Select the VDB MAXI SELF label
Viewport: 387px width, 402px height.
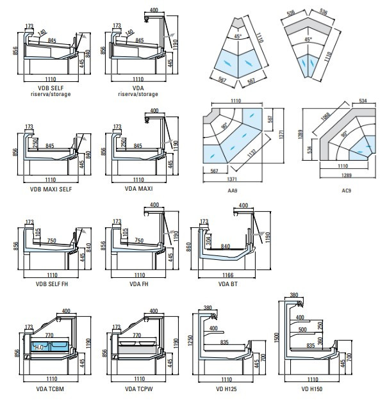point(50,189)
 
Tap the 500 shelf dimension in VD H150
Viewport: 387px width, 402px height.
point(302,330)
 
